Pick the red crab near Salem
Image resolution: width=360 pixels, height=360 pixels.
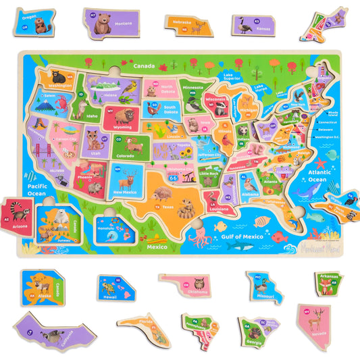point(44,103)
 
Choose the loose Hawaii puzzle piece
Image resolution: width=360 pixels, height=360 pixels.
point(116,287)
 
